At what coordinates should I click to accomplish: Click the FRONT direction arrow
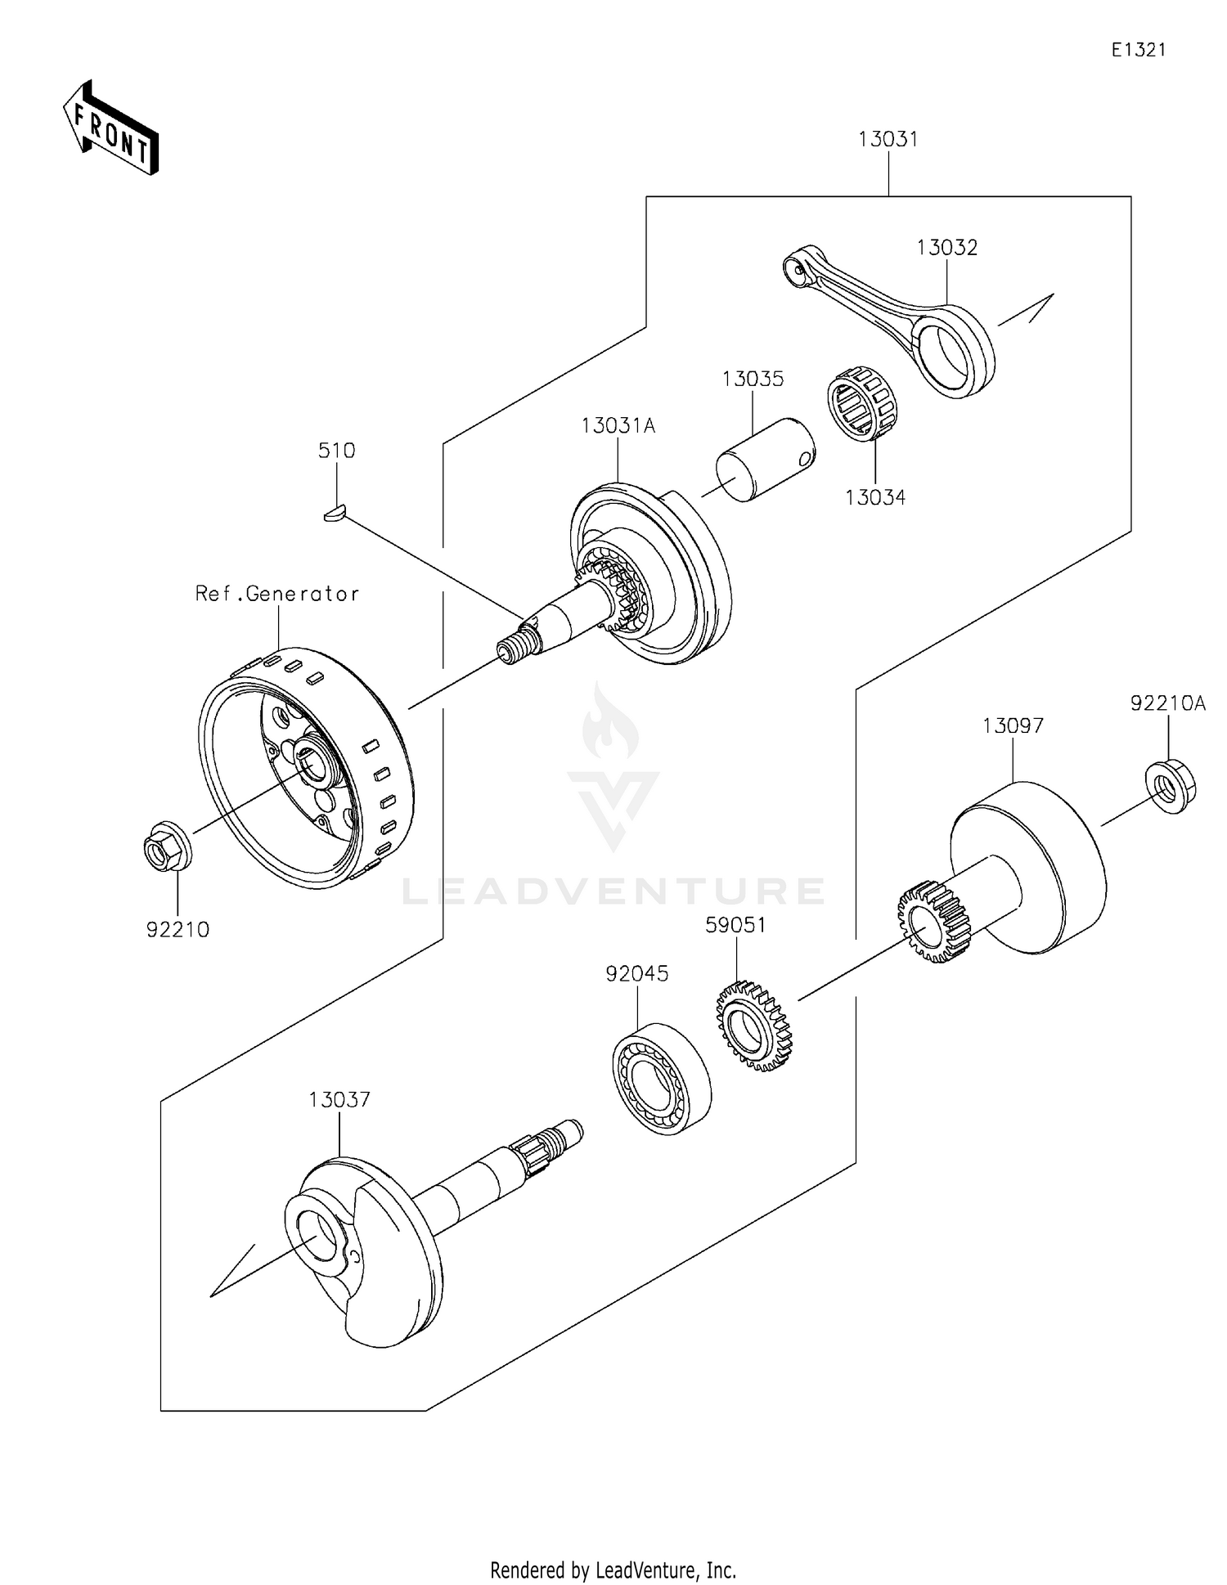111,129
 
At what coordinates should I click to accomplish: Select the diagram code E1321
1138,50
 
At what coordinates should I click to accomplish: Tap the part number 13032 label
946,247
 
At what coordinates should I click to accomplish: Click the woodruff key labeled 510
333,513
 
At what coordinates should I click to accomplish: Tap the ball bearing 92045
661,1077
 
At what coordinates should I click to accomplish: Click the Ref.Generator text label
277,594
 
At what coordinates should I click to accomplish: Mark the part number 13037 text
339,1100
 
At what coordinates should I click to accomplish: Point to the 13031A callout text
618,426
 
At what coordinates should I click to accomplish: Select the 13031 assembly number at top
888,140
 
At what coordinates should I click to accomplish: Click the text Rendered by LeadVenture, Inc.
613,1570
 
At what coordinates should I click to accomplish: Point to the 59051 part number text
736,925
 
